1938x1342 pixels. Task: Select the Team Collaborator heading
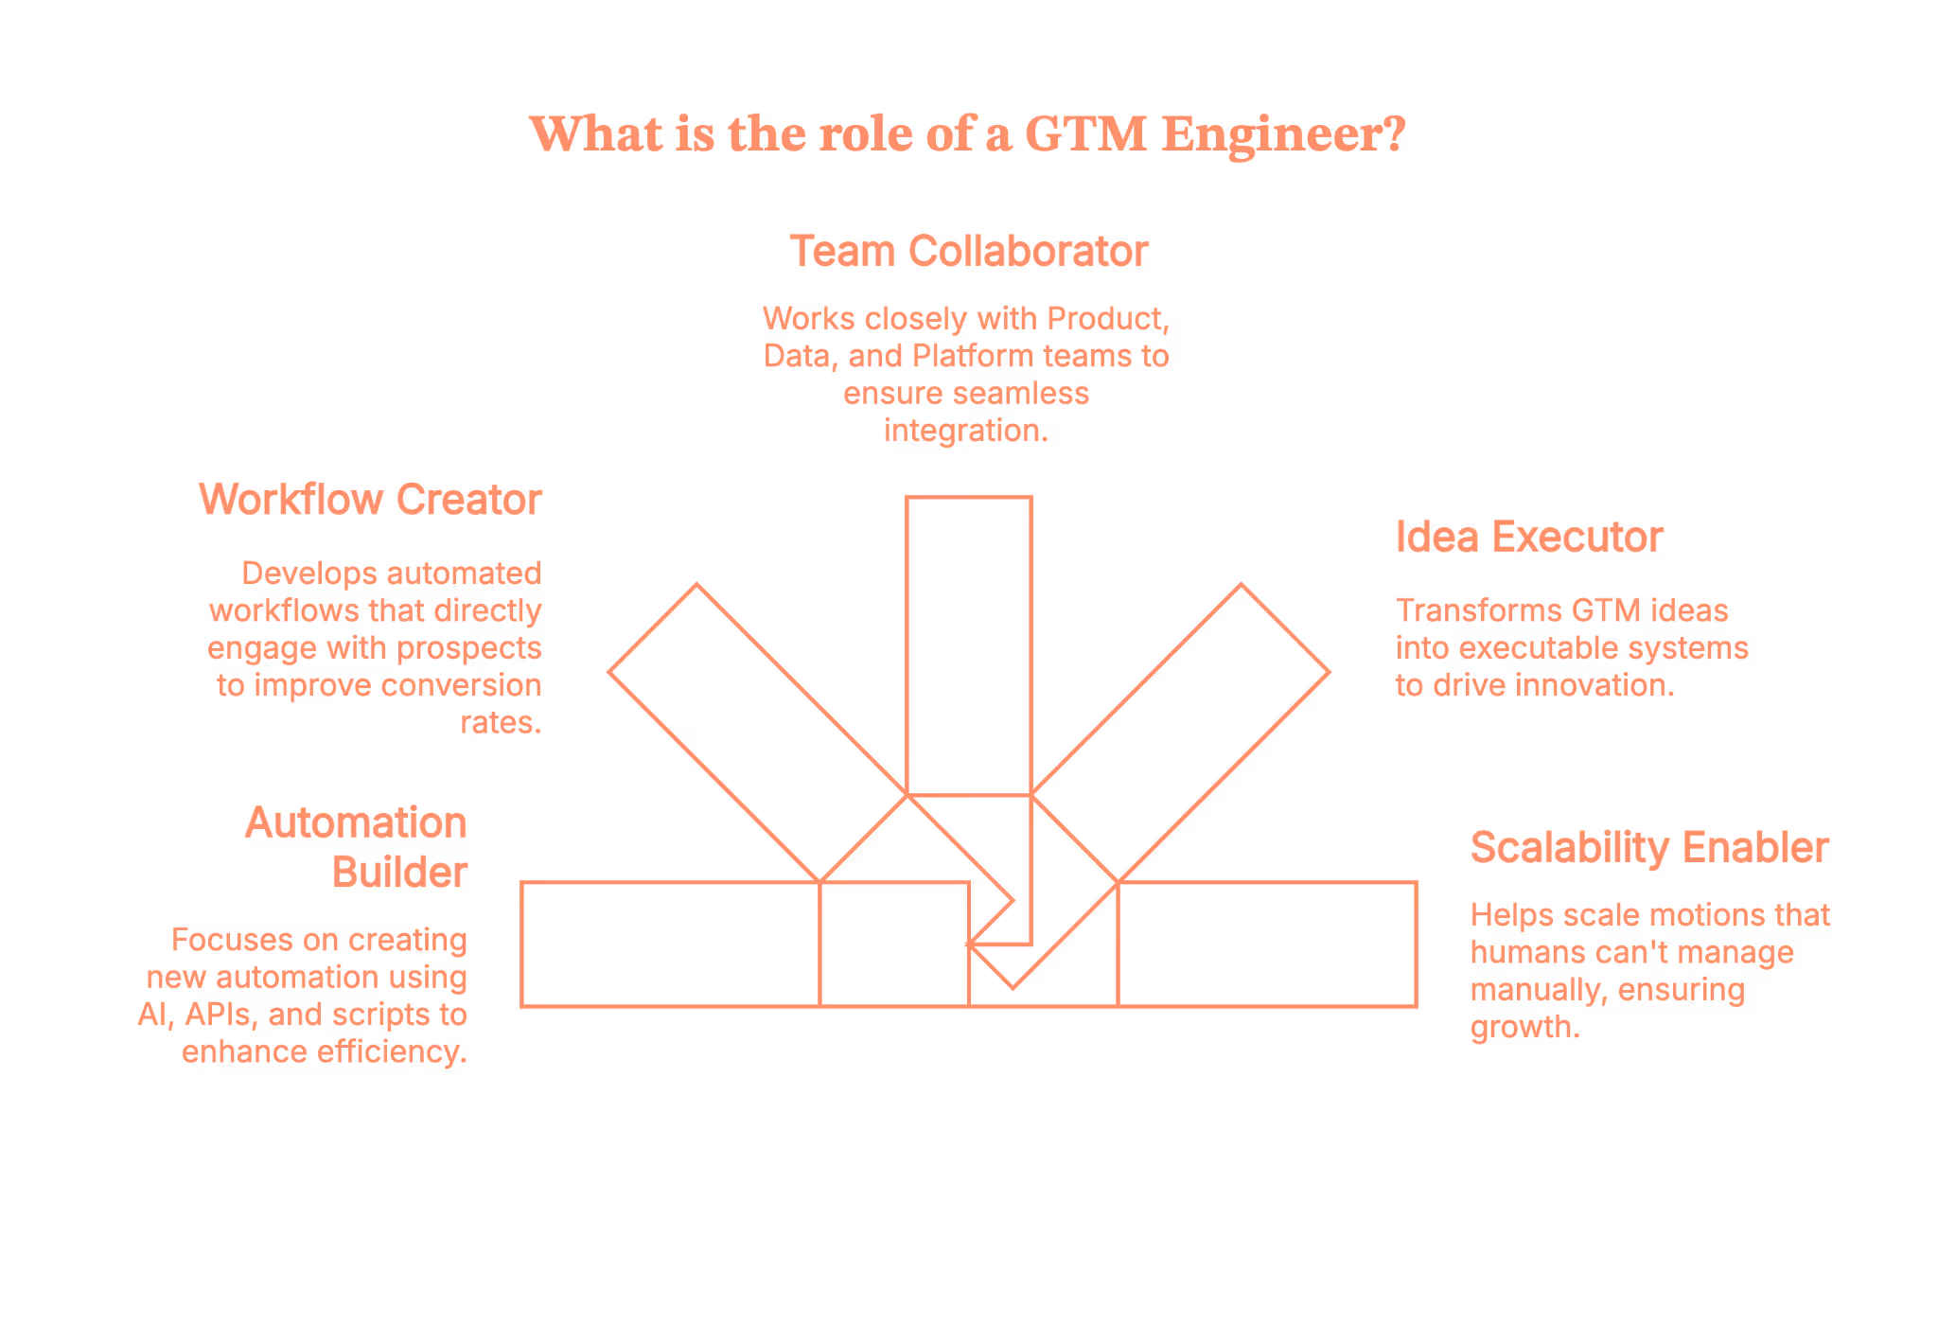968,252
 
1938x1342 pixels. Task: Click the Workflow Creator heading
370,500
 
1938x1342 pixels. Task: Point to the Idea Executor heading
1528,538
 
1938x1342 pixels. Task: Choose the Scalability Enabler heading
1648,848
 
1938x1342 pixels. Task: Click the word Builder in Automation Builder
399,873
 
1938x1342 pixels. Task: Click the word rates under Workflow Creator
499,723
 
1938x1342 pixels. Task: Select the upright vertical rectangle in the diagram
968,644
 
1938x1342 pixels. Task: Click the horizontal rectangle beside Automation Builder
670,945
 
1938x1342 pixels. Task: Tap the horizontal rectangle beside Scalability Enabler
1268,945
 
